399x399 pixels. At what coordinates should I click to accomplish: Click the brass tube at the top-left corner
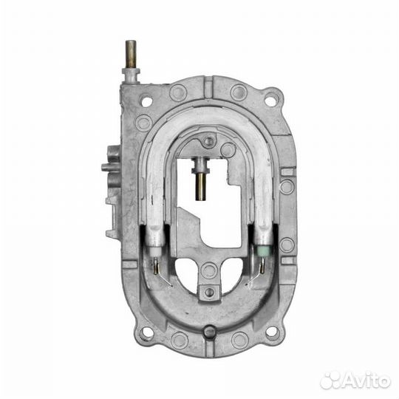pos(130,55)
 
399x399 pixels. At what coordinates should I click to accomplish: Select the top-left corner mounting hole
pos(147,102)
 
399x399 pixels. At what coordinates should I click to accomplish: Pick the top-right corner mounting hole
pos(270,101)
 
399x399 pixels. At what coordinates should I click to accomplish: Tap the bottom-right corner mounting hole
pos(272,331)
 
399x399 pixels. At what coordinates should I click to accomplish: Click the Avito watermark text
pos(366,381)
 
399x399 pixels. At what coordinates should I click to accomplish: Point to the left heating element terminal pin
pos(156,265)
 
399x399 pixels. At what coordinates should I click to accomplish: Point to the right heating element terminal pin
pos(262,266)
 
